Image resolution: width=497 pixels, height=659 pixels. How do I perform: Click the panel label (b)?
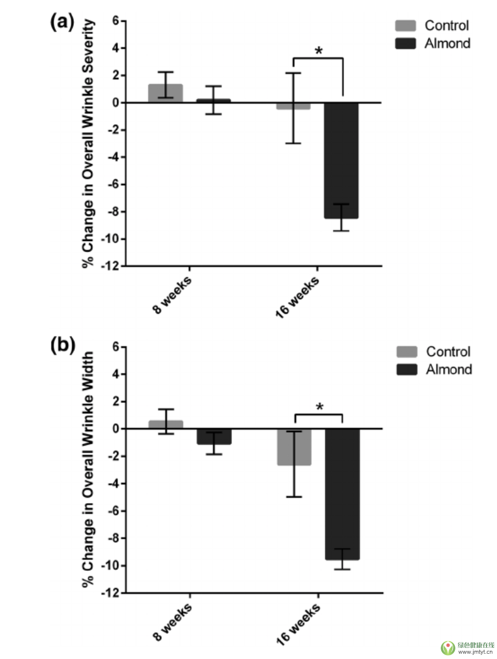point(62,346)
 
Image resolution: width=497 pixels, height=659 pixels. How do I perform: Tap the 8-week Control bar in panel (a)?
point(165,93)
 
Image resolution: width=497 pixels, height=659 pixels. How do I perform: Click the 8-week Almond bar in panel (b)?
point(213,436)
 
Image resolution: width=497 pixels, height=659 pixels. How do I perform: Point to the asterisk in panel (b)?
point(319,406)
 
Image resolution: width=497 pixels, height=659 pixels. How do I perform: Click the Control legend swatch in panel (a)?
point(405,26)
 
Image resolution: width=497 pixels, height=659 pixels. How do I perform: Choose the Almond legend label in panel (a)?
point(447,43)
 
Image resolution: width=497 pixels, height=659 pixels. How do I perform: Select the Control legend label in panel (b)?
point(448,352)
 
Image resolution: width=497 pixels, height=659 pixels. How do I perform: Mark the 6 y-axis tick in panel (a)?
point(115,21)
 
